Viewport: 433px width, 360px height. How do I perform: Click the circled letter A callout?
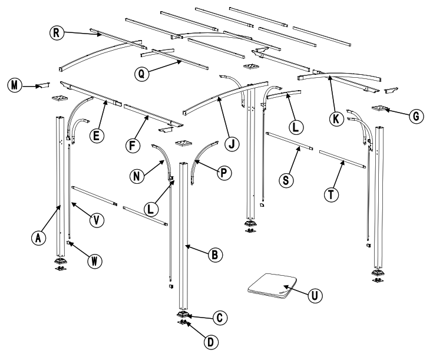click(39, 237)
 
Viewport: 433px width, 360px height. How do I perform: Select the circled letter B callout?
click(216, 255)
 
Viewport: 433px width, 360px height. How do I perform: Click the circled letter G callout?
click(417, 116)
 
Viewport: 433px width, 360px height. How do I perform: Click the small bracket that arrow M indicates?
click(43, 86)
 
